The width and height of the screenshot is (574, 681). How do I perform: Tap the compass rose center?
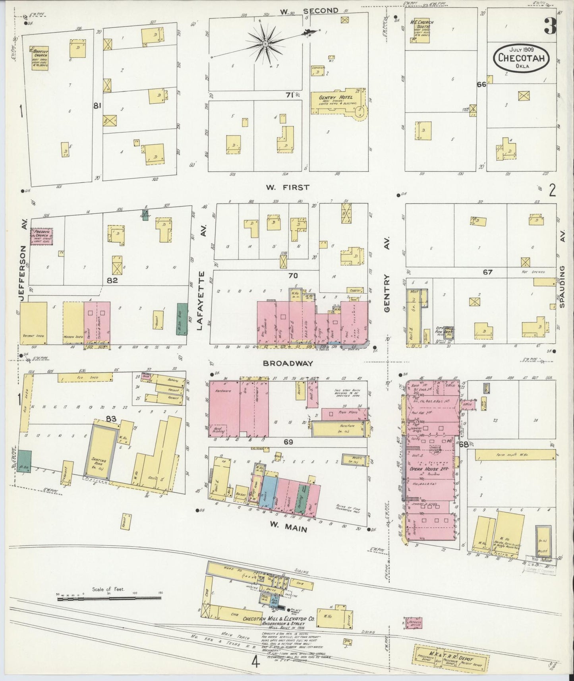265,43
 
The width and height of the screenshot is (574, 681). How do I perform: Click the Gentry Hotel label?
336,98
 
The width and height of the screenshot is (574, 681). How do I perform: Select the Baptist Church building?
40,58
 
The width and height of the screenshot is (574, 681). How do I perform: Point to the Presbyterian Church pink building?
42,236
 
